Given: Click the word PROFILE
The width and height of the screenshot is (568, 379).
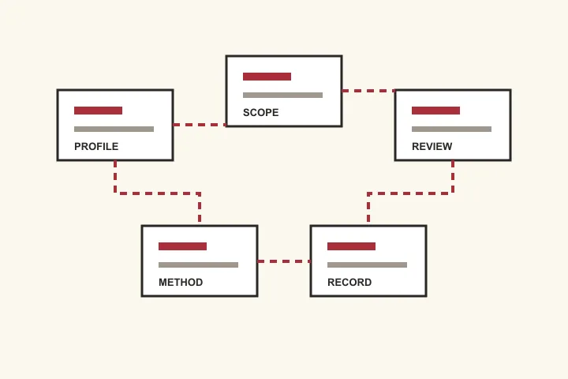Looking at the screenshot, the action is point(96,147).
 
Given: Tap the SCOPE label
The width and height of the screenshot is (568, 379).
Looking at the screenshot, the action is point(261,112).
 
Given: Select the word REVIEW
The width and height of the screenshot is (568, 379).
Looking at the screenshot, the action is point(432,147).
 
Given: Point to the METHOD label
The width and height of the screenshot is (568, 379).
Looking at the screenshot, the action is point(181,282).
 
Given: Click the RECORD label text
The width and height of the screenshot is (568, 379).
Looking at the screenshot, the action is point(349,282).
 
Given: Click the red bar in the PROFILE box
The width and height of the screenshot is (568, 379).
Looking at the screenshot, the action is point(98,111).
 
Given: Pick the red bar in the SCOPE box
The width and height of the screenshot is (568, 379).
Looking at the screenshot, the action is point(267,77).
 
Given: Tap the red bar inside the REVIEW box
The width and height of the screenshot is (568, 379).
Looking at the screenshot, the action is point(435,111).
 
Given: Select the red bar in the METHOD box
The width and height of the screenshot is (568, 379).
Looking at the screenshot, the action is point(182,246).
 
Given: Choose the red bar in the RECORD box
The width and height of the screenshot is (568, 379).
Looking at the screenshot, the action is point(351,246).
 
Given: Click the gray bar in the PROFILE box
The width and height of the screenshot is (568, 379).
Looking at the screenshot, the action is point(114,129).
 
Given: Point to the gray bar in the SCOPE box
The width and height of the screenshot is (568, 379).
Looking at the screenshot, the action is point(283,95).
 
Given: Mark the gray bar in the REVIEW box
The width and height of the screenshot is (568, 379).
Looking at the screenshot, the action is point(452,129).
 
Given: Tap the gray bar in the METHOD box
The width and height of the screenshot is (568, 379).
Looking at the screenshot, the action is point(199,265).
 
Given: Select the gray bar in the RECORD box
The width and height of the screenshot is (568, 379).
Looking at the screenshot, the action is point(368,265).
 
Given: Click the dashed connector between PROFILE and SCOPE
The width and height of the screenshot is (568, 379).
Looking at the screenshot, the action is point(200,125).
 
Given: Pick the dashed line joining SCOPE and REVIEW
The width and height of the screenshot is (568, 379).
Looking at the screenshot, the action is point(368,91).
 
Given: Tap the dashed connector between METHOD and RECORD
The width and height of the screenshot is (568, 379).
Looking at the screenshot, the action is point(284,261).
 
